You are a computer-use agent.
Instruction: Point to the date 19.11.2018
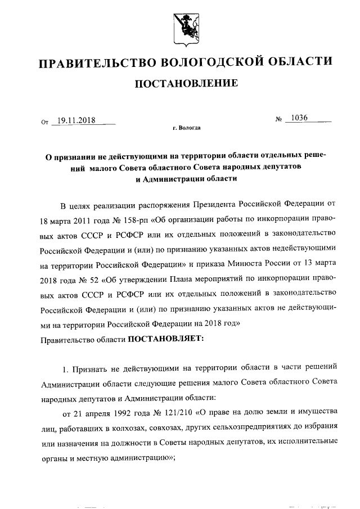point(75,120)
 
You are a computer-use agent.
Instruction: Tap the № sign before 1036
point(278,120)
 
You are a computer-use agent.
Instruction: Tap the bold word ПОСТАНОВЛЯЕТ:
point(161,339)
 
